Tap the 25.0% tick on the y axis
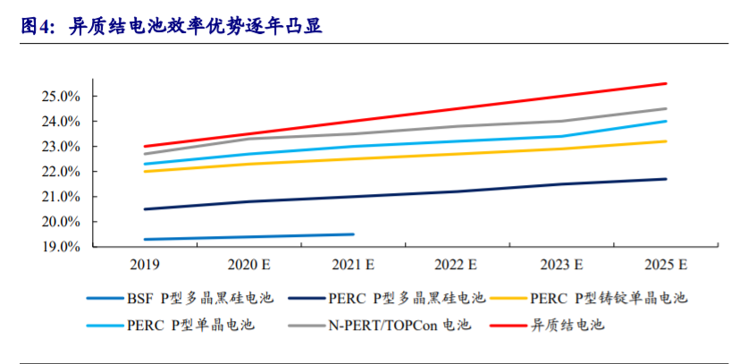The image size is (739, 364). click(63, 96)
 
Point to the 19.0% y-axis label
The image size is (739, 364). click(63, 247)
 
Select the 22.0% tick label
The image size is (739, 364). click(63, 171)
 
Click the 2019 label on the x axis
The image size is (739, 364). click(145, 265)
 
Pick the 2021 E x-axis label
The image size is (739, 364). click(353, 265)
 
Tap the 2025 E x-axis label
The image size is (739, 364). click(666, 265)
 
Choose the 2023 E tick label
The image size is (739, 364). click(562, 265)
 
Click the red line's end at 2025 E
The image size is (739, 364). click(666, 83)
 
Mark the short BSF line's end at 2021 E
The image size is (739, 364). click(353, 234)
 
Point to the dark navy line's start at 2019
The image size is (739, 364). click(145, 209)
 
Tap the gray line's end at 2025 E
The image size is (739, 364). click(666, 108)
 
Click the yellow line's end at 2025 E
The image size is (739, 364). click(666, 141)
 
